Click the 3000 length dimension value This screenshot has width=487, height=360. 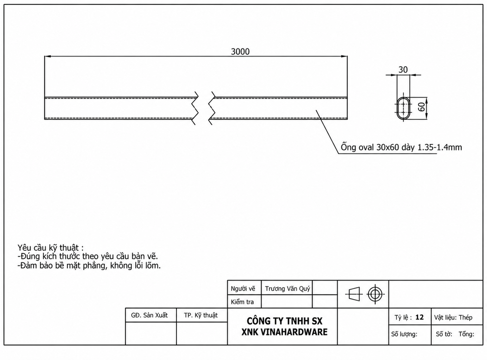[240, 51]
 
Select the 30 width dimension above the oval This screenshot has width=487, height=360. [403, 69]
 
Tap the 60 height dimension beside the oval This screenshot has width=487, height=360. [421, 107]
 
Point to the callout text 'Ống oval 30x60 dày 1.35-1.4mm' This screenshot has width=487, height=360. [401, 147]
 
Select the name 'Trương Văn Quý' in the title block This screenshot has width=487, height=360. [287, 289]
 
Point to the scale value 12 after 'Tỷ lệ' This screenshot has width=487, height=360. [419, 317]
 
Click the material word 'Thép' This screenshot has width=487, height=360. [465, 318]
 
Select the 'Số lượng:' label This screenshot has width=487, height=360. [404, 334]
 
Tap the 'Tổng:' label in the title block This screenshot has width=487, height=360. [466, 334]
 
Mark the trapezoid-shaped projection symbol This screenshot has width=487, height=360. [354, 293]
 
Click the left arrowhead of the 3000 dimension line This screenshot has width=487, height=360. [48, 57]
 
